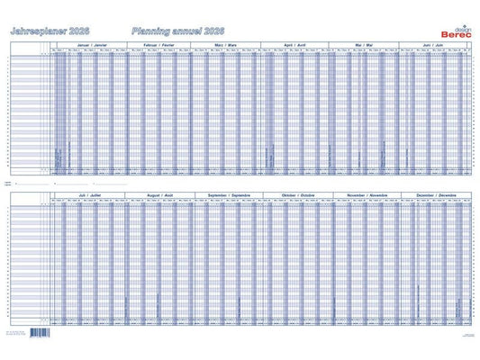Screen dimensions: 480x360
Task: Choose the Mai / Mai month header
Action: click(365, 43)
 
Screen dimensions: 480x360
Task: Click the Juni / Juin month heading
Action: click(434, 43)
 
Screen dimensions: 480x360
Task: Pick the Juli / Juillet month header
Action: click(88, 193)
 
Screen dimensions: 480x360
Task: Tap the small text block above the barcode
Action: click(38, 326)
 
